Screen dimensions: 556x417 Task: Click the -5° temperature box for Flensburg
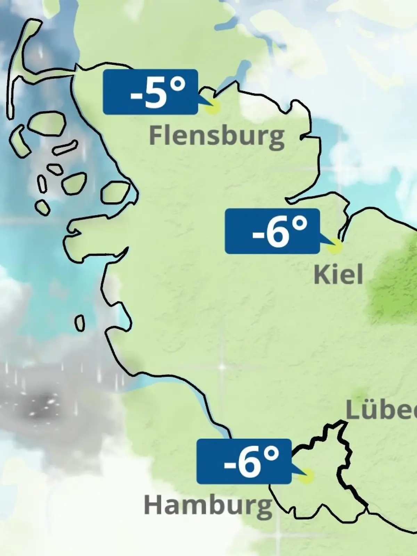click(x=150, y=92)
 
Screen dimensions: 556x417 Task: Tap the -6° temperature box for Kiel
click(x=272, y=231)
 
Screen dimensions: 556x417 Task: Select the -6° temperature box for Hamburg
click(x=244, y=461)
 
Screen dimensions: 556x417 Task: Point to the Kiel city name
click(x=338, y=275)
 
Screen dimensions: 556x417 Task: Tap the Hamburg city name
click(x=208, y=506)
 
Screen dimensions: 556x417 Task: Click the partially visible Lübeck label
click(x=382, y=411)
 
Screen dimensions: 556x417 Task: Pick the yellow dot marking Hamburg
click(x=306, y=476)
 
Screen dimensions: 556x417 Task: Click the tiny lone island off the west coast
click(x=80, y=323)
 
